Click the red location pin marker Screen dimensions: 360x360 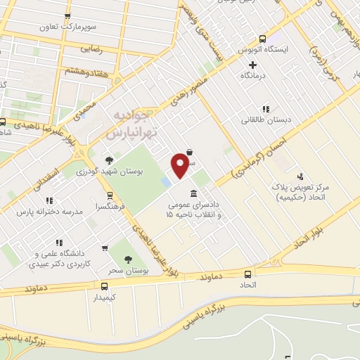click(181, 165)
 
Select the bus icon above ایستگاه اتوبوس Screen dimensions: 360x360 click(262, 39)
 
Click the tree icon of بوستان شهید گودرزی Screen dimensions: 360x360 click(108, 160)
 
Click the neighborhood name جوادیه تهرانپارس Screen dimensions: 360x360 click(138, 122)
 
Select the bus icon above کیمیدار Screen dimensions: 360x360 click(104, 286)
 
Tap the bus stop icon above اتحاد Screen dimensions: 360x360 click(247, 274)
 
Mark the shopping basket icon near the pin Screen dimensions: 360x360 click(190, 151)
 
